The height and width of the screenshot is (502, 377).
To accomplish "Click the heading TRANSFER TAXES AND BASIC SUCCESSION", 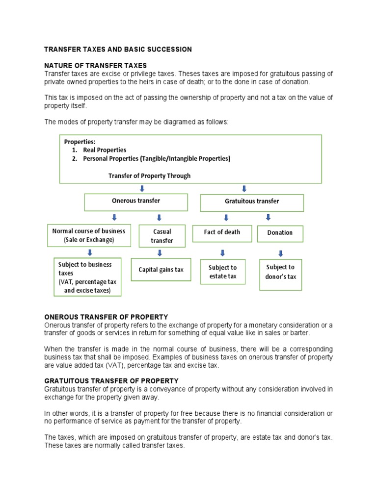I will click(118, 50).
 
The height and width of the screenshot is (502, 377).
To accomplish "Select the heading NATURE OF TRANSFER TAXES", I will click(96, 66).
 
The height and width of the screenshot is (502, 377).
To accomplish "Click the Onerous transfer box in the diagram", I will click(136, 201).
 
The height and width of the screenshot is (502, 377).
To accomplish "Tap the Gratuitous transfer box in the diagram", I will click(252, 202).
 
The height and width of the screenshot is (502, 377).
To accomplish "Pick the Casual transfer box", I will click(162, 236).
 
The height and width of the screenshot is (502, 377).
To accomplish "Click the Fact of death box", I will click(222, 233).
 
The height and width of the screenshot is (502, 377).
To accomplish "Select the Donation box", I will click(280, 233).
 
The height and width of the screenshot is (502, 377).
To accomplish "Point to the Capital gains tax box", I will click(161, 270).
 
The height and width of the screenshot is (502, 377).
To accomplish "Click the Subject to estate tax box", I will click(222, 272).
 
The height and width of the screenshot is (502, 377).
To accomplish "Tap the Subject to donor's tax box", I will click(280, 272).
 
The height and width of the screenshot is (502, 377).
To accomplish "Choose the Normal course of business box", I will click(89, 235).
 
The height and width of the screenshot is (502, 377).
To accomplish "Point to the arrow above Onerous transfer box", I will click(142, 188).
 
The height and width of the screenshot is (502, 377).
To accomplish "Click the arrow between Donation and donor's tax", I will click(280, 253).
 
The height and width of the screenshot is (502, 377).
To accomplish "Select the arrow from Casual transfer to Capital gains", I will click(160, 253).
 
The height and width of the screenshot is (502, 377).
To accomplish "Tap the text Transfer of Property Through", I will click(149, 176).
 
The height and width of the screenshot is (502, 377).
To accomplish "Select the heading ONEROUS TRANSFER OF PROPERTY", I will click(106, 317).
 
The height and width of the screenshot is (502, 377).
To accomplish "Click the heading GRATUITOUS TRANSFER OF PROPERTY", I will click(111, 381).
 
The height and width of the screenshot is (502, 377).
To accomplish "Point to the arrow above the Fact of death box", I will click(226, 217).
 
